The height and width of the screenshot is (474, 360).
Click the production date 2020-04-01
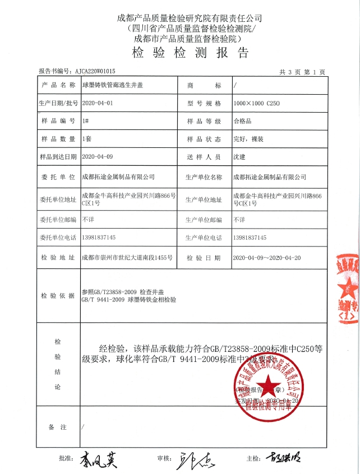pos(98,104)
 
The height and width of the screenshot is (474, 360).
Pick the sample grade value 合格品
pos(244,122)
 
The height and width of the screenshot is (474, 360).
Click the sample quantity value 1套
pos(87,139)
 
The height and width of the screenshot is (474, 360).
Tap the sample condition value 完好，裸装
pos(249,139)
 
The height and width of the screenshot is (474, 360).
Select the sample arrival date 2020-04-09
pos(98,157)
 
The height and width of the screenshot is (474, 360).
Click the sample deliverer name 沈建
pos(239,157)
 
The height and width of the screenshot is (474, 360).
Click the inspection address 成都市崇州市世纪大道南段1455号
pos(127,258)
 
